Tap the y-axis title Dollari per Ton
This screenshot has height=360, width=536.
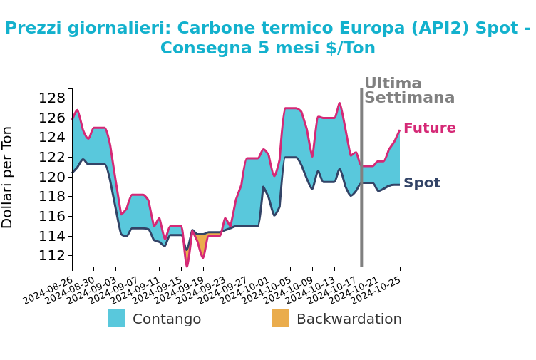[8, 177]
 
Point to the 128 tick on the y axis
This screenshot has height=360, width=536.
[57, 98]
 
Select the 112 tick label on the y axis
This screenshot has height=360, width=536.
[57, 255]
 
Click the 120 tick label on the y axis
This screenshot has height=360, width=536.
[57, 177]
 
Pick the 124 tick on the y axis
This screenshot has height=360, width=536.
[57, 137]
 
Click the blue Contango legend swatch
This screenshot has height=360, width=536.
[116, 319]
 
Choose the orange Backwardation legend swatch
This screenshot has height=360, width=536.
[280, 319]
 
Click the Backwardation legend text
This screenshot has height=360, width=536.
[349, 319]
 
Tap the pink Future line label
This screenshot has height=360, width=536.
[429, 128]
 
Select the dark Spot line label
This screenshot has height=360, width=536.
[421, 183]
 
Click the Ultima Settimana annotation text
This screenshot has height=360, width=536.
[408, 91]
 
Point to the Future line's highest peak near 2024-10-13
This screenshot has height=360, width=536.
[339, 103]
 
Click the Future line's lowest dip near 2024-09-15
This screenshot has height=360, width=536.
[187, 266]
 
